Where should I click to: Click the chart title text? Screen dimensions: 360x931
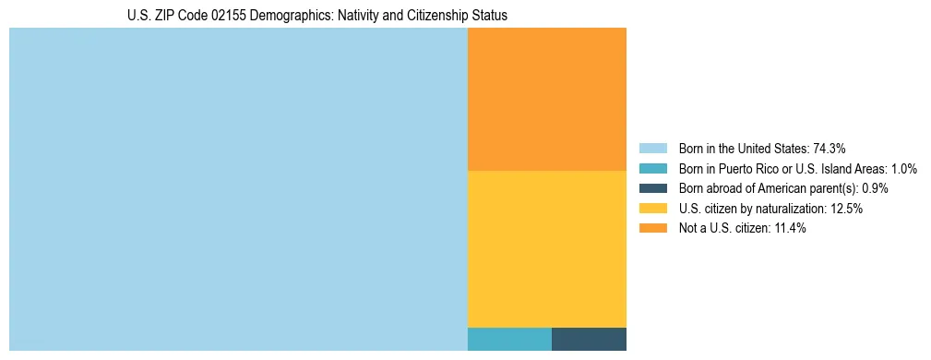tap(316, 16)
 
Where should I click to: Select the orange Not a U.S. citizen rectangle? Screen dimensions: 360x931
tap(546, 99)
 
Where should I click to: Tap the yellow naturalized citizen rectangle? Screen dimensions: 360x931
tap(546, 248)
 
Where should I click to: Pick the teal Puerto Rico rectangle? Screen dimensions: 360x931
tap(509, 339)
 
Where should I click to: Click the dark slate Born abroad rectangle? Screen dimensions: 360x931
tap(589, 339)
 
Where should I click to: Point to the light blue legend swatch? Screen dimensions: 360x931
tap(652, 148)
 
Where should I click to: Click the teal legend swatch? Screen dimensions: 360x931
tap(652, 168)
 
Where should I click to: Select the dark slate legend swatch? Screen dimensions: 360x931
tap(652, 188)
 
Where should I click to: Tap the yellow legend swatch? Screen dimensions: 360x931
tap(652, 209)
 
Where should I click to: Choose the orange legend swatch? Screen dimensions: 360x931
tap(652, 229)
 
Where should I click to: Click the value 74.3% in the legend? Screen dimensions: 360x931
tap(830, 148)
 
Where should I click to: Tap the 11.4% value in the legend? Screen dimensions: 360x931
tap(789, 229)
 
